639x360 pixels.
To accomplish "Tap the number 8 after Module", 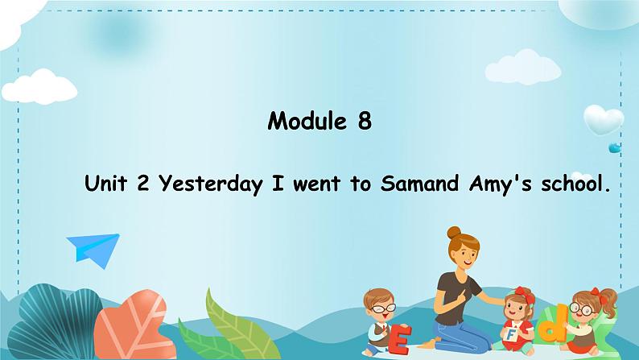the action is click(x=365, y=121).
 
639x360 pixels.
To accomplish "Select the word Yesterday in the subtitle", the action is click(x=210, y=184).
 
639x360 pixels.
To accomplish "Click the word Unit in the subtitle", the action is click(x=105, y=183).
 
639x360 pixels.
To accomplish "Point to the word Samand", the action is click(x=420, y=184).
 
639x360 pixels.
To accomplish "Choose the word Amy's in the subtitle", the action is click(x=501, y=184).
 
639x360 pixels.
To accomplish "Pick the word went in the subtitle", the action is click(x=316, y=184).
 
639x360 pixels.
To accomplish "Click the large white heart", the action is click(x=603, y=119).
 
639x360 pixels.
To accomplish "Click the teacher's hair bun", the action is click(x=454, y=233).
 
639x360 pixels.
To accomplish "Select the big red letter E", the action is click(x=399, y=339).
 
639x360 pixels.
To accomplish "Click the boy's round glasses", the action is click(x=383, y=308).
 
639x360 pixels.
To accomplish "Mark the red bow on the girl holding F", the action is click(x=525, y=294).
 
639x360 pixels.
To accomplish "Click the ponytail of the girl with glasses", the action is click(x=608, y=301).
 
